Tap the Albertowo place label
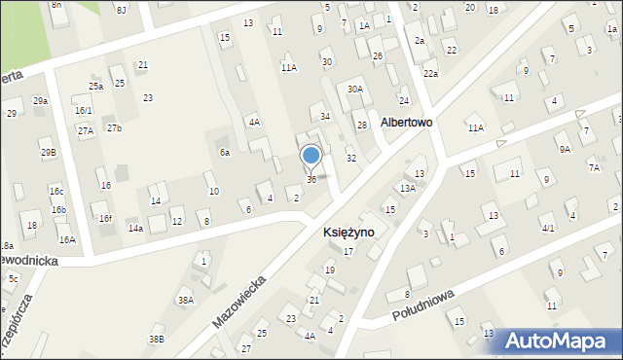[x=407, y=124]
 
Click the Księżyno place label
[x=348, y=234]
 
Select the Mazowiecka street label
[x=238, y=298]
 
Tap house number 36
[x=311, y=180]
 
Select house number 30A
[x=356, y=90]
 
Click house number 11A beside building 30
[x=289, y=68]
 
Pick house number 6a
[x=225, y=153]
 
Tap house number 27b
[x=115, y=128]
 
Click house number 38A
[x=186, y=301]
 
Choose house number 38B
[x=156, y=339]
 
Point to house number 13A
[x=408, y=188]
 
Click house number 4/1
[x=548, y=229]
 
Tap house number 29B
[x=48, y=153]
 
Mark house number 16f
[x=105, y=219]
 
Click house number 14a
[x=135, y=229]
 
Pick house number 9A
[x=565, y=149]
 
